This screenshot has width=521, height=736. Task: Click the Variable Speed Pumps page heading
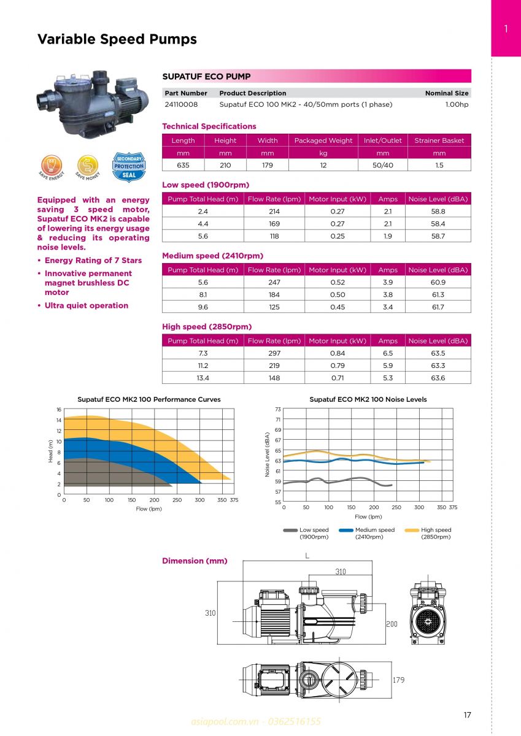pos(117,39)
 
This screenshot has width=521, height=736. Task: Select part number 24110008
pos(181,104)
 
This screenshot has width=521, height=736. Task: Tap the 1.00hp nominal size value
pos(457,104)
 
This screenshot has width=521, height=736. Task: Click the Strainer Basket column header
pos(439,140)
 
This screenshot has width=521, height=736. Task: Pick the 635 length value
pos(183,165)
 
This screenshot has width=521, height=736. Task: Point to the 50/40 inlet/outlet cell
pos(382,165)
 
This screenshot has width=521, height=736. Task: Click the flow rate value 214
pos(274,211)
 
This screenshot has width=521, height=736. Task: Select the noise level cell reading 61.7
pos(438,307)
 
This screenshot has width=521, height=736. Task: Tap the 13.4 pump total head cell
pos(203,378)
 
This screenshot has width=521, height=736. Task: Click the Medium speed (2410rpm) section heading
pos(212,256)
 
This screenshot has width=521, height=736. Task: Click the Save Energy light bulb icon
pos(52,166)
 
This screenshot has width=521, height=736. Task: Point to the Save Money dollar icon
pos(88,166)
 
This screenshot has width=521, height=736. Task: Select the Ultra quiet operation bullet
pos(87,305)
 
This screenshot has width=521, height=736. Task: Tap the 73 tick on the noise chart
pos(277,409)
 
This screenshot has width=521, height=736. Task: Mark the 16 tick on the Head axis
pos(58,409)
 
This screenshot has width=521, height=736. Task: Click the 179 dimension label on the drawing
pos(399,680)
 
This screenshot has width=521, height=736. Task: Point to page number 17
pos(467,715)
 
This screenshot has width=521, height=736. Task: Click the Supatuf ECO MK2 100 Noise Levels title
pos(368,399)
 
